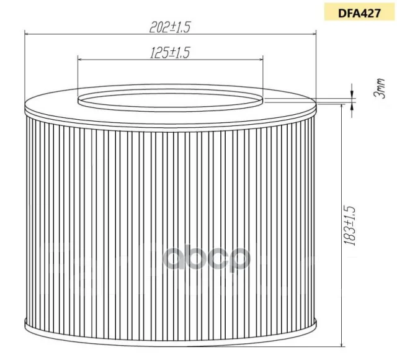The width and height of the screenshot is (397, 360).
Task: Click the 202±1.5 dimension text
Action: point(169,27)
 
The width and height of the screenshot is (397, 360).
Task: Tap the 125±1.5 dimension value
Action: point(170,53)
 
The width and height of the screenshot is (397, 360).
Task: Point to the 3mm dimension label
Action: point(380,88)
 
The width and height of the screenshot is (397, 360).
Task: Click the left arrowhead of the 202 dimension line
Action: point(27,34)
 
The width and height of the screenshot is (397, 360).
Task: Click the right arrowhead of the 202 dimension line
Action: point(313,34)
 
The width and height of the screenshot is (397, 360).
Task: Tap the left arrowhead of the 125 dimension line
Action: point(81,60)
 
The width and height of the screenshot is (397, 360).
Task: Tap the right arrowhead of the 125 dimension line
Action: point(261,60)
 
